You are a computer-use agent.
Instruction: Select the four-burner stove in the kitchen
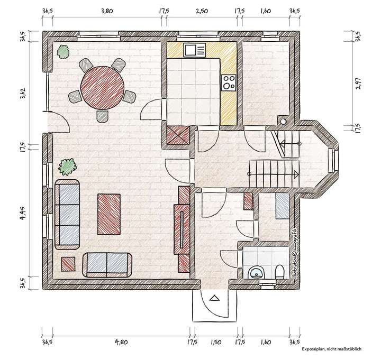tap(229, 82)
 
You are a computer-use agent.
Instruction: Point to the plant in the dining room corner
tap(64, 51)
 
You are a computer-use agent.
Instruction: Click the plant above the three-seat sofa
tap(68, 167)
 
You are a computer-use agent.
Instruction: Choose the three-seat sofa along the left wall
tap(67, 214)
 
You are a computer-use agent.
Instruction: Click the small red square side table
tap(68, 263)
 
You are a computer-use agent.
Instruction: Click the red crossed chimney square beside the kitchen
tap(178, 136)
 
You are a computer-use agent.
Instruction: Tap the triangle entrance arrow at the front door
tap(214, 298)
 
